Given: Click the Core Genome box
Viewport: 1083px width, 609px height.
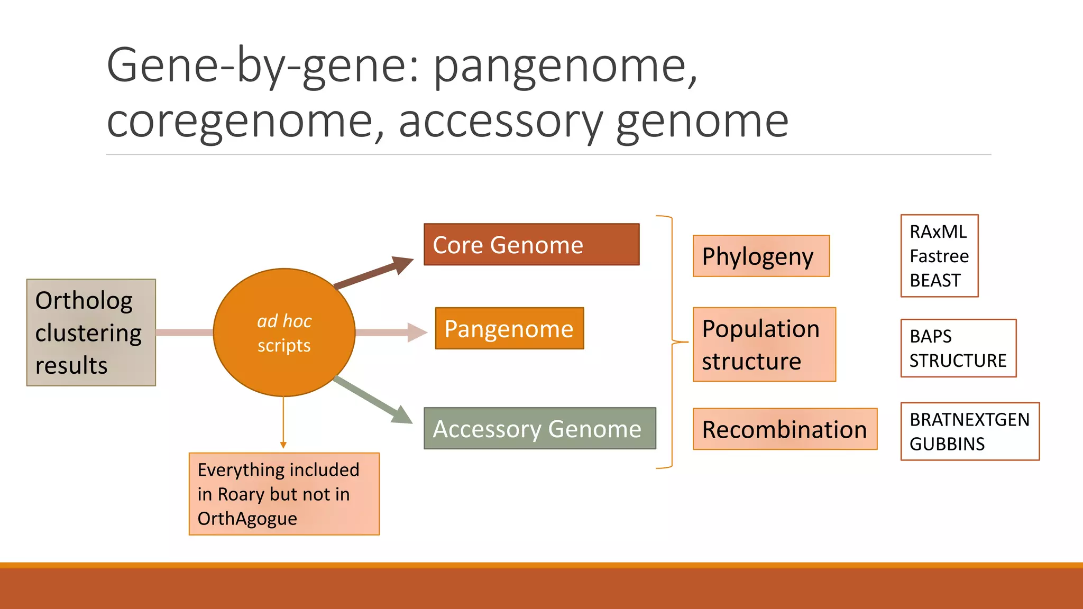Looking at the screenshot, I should click(x=531, y=244).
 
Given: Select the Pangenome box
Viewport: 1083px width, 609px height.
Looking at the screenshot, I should click(x=509, y=328).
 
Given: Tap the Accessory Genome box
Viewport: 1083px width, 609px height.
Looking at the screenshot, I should click(x=539, y=428).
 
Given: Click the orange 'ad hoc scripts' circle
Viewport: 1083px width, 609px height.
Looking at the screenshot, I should click(x=284, y=333).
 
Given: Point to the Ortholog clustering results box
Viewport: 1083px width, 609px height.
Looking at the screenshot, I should click(x=91, y=333).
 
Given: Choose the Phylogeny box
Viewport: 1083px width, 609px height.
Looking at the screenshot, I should click(x=760, y=256).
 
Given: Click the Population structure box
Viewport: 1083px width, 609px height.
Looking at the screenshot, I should click(x=764, y=344).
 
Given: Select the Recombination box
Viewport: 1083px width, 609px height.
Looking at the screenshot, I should click(x=784, y=429).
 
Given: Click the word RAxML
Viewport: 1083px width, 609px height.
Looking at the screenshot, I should click(x=938, y=232).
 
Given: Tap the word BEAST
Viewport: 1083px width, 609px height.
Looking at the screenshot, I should click(x=934, y=280).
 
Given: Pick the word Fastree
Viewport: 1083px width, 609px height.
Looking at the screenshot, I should click(x=939, y=256).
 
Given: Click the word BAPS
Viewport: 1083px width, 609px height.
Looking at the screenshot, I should click(x=930, y=336).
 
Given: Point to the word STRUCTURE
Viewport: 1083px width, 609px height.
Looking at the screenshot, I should click(x=958, y=361).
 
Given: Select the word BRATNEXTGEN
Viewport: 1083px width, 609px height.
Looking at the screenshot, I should click(x=969, y=420).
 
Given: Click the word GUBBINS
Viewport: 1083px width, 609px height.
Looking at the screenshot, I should click(x=947, y=444).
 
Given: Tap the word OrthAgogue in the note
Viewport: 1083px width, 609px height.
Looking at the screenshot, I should click(x=247, y=519).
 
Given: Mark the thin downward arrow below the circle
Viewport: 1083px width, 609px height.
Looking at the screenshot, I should click(x=283, y=423).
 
